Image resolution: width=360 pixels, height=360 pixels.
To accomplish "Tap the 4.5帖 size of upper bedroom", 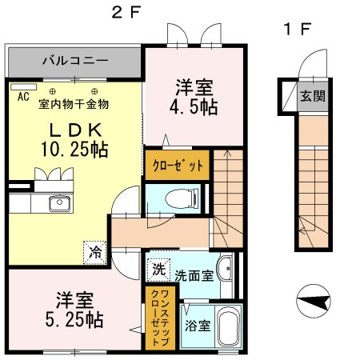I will [194, 106].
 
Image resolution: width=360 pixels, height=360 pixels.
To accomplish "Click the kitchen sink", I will [58, 202].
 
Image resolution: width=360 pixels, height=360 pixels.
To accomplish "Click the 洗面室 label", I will [194, 275].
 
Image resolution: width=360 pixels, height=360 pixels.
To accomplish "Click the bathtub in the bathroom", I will [228, 328].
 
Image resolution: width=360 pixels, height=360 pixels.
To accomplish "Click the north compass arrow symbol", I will [314, 302].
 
